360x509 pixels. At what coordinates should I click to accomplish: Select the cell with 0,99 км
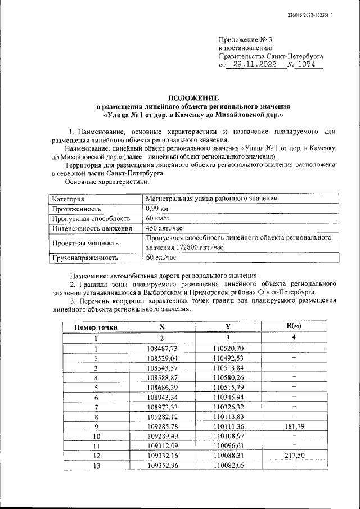point(157,208)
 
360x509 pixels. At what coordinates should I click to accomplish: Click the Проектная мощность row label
point(85,243)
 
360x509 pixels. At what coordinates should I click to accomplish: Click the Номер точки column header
point(96,327)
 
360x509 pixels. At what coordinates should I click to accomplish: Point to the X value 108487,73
point(161,349)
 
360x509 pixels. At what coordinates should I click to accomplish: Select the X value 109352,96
point(161,465)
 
